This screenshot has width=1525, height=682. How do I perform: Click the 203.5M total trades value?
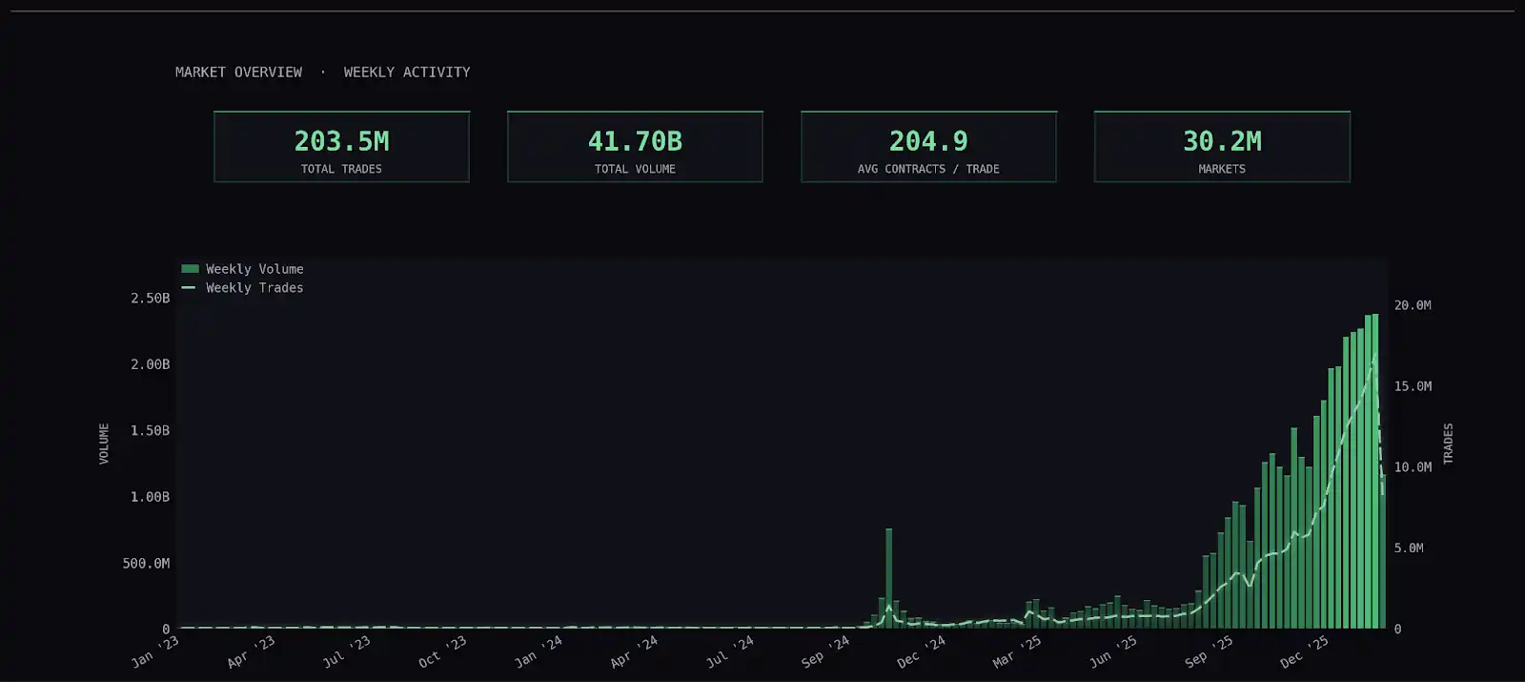pyautogui.click(x=341, y=141)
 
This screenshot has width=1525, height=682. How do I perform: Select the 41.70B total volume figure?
pyautogui.click(x=635, y=141)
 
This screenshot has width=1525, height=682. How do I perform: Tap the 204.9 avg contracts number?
pyautogui.click(x=928, y=141)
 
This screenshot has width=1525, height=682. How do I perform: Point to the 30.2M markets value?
pyautogui.click(x=1222, y=141)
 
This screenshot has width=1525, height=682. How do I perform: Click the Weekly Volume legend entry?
pyautogui.click(x=254, y=269)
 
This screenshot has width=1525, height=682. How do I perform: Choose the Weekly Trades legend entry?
pyautogui.click(x=254, y=288)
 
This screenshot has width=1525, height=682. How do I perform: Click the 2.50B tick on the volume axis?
pyautogui.click(x=151, y=299)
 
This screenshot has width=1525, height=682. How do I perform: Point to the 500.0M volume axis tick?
pyautogui.click(x=146, y=564)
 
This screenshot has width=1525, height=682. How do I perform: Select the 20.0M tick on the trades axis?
pyautogui.click(x=1413, y=305)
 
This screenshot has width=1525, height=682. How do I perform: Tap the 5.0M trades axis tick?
pyautogui.click(x=1409, y=548)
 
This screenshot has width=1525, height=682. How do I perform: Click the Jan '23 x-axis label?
pyautogui.click(x=155, y=651)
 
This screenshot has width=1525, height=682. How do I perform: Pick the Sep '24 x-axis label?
pyautogui.click(x=825, y=651)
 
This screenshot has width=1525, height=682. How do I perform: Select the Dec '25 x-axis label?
pyautogui.click(x=1304, y=651)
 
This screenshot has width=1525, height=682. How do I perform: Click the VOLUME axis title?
pyautogui.click(x=104, y=444)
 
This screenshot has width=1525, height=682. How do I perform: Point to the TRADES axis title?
pyautogui.click(x=1448, y=444)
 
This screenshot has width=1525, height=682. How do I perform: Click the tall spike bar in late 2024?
pyautogui.click(x=889, y=577)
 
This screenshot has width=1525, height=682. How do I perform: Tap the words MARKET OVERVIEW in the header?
pyautogui.click(x=238, y=72)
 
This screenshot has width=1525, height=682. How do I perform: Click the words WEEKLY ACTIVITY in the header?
pyautogui.click(x=407, y=72)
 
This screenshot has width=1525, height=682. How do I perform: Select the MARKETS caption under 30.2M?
pyautogui.click(x=1222, y=169)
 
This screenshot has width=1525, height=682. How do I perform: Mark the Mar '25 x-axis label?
pyautogui.click(x=1017, y=651)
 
